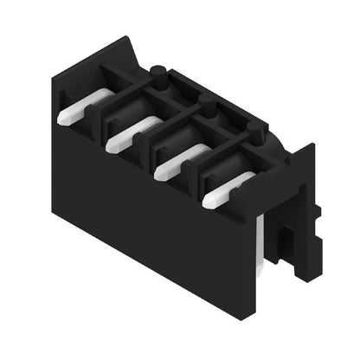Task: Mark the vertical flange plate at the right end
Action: pos(303,216)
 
